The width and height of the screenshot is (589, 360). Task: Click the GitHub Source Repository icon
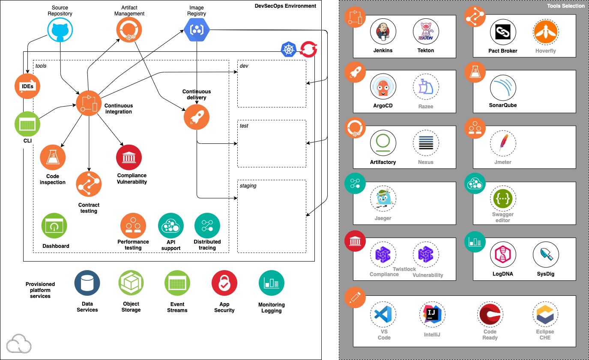(x=60, y=30)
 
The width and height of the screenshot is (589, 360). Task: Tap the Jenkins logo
(x=383, y=32)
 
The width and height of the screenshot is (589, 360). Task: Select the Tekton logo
(x=426, y=32)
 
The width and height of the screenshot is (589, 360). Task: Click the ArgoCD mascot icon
(x=383, y=87)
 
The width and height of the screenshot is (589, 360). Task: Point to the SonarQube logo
(x=503, y=87)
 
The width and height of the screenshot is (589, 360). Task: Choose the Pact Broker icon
(x=503, y=32)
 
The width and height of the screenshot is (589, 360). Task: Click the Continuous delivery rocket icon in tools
(x=197, y=117)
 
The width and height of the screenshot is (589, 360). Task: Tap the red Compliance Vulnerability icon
(x=129, y=157)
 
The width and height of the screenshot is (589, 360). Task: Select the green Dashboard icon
(x=54, y=226)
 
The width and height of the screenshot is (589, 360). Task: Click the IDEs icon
(x=28, y=86)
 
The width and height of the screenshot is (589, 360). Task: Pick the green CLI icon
(x=27, y=125)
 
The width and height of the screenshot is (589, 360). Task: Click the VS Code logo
(x=383, y=314)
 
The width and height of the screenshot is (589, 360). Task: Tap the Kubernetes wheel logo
(x=289, y=49)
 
